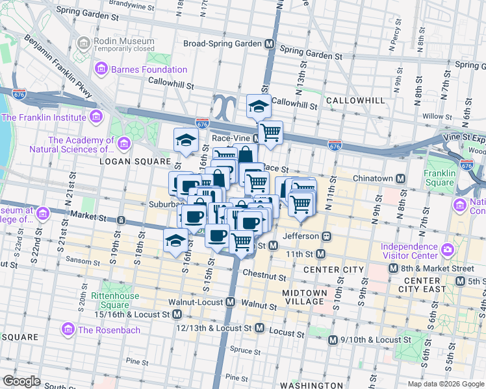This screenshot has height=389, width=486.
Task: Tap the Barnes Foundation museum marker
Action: tap(101, 69)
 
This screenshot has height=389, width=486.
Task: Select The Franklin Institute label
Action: tap(44, 117)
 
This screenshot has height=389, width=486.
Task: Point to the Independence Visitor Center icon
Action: tap(447, 250)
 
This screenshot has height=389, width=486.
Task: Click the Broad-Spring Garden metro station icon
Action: tap(269, 44)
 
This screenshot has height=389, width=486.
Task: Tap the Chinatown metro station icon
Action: tap(402, 178)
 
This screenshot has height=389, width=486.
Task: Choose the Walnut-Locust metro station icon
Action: tap(231, 302)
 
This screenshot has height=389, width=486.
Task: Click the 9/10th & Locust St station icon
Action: tap(333, 340)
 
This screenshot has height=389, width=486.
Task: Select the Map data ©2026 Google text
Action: tap(444, 383)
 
